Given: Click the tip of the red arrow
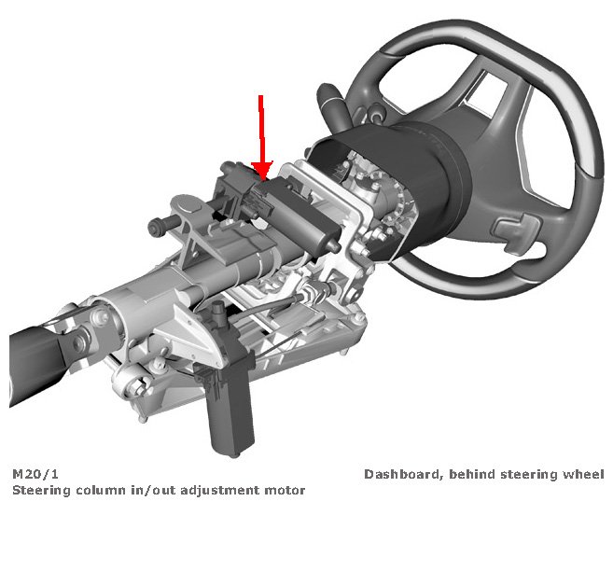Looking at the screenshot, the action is click(x=261, y=177).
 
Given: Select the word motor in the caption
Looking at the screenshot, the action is click(x=286, y=490).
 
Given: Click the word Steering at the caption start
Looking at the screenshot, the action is click(x=41, y=490).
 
